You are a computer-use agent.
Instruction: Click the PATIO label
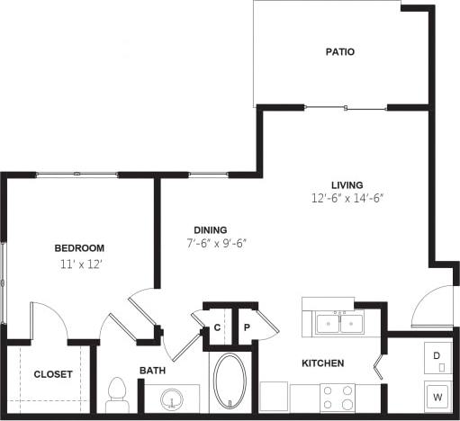[x=339, y=51]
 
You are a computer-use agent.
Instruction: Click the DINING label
[x=210, y=229]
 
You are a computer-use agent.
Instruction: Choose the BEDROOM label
[x=79, y=248]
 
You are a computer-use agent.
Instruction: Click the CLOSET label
[x=52, y=374]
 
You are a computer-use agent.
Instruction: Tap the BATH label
[x=152, y=371]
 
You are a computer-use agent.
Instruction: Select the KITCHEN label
[x=322, y=363]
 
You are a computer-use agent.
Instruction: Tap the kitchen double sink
[x=339, y=323]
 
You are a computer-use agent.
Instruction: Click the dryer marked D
[x=438, y=356]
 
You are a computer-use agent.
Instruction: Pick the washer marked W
[x=438, y=396]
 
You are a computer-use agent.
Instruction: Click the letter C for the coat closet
[x=217, y=328]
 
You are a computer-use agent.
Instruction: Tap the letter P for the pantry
[x=246, y=328]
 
